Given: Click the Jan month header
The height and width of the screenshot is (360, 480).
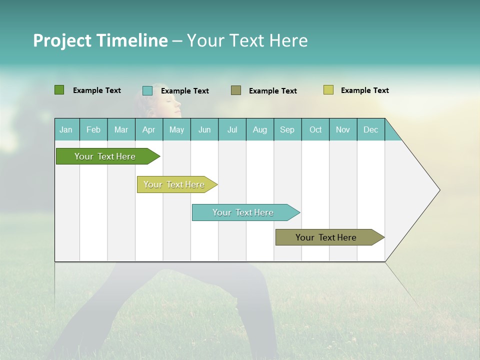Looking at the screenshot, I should click(66, 130).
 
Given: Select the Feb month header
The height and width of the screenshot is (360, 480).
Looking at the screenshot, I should click(93, 130).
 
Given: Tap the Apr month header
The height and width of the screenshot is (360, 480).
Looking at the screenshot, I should click(148, 130).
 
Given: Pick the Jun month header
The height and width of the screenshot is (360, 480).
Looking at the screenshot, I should click(204, 130).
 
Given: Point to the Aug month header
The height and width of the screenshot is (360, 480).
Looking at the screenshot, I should click(259, 130).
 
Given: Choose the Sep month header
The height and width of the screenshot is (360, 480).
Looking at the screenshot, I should click(287, 130).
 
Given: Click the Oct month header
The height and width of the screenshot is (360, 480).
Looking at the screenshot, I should click(315, 130).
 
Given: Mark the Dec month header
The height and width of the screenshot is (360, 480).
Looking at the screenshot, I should click(370, 130).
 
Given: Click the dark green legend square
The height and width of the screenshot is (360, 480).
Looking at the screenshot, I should click(59, 90).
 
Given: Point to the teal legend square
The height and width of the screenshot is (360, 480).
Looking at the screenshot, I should click(147, 90).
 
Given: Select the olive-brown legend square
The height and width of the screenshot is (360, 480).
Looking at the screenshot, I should click(236, 90).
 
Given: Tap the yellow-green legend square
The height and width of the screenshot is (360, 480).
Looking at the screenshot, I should click(328, 90).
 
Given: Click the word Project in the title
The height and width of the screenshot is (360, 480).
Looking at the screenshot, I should click(62, 40).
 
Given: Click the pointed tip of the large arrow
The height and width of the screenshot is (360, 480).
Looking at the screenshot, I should click(438, 190).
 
